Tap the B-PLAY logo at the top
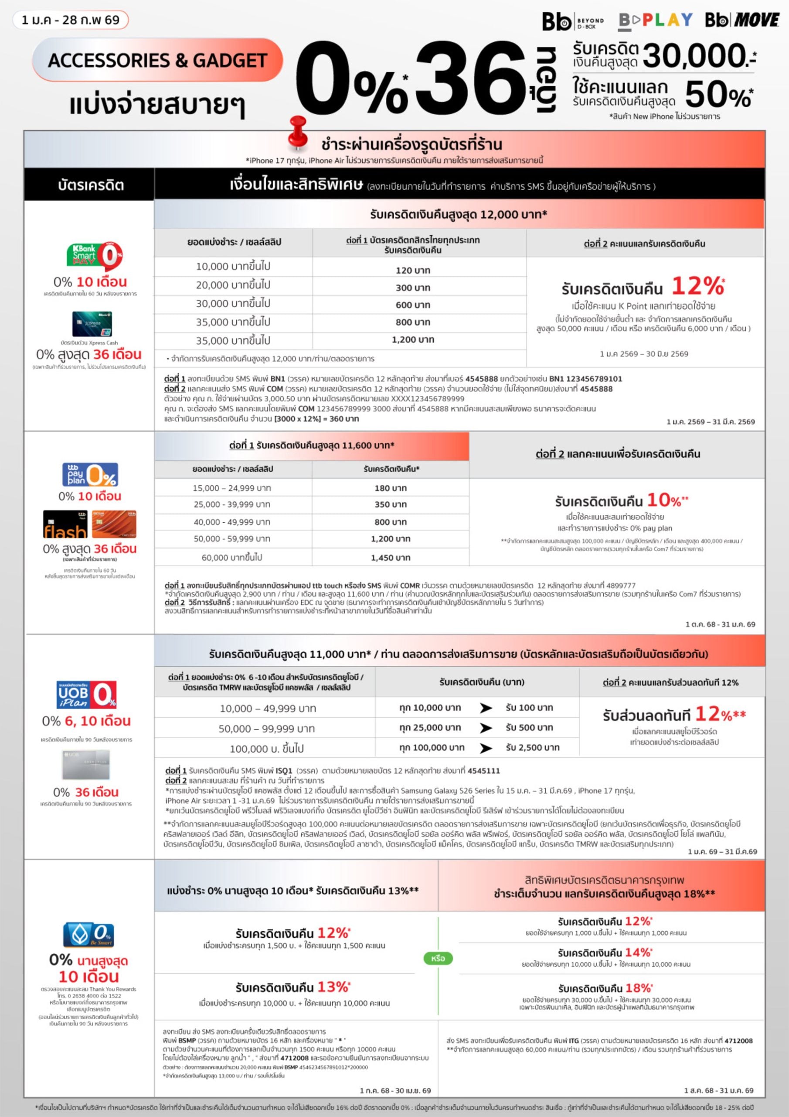(x=655, y=21)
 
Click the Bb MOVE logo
(x=742, y=20)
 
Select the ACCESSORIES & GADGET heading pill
(x=157, y=60)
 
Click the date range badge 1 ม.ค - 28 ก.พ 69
(x=71, y=20)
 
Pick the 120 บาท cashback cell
(x=413, y=270)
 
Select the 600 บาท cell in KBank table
(x=413, y=305)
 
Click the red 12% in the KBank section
(x=698, y=286)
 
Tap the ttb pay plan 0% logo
(x=90, y=474)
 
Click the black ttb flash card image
(x=65, y=524)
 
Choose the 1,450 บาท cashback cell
(x=391, y=558)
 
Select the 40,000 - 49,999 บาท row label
(x=232, y=521)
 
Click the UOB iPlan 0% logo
(x=87, y=694)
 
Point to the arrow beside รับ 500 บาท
(x=486, y=728)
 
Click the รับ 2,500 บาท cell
(x=532, y=747)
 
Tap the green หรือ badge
(x=438, y=958)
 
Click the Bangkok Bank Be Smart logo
(x=88, y=934)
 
